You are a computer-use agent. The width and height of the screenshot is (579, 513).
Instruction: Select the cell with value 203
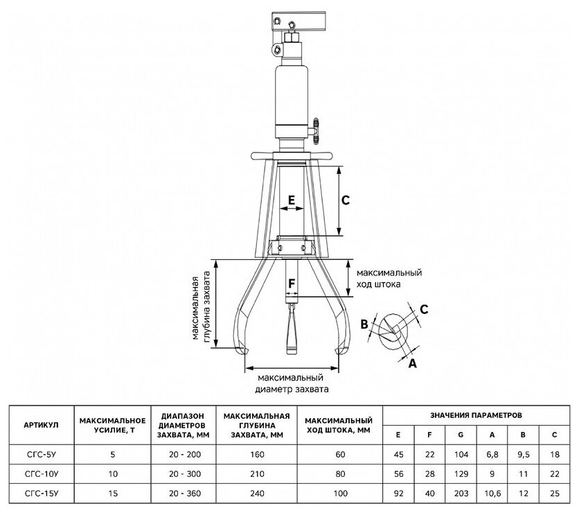pyautogui.click(x=461, y=494)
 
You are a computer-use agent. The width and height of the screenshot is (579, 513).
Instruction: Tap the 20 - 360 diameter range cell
pyautogui.click(x=185, y=494)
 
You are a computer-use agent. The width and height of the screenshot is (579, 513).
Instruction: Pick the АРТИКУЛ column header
pyautogui.click(x=41, y=425)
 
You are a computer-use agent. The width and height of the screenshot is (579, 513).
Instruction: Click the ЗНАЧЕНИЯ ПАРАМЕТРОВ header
pyautogui.click(x=476, y=415)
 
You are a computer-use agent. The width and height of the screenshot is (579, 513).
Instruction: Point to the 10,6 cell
pyautogui.click(x=492, y=494)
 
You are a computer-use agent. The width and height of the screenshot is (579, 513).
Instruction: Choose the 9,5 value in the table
pyautogui.click(x=523, y=454)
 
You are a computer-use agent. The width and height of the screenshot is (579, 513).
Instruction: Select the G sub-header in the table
pyautogui.click(x=461, y=435)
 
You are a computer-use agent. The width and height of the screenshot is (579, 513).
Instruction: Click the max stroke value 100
pyautogui.click(x=340, y=494)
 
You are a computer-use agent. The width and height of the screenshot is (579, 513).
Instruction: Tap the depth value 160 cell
pyautogui.click(x=257, y=454)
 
